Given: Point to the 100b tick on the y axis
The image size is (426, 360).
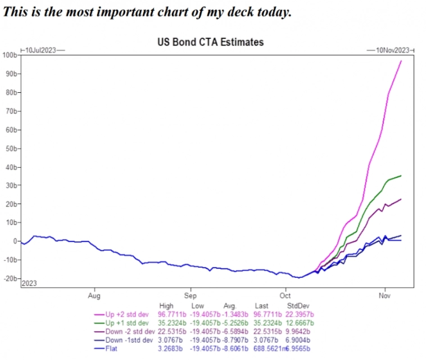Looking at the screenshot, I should (x=10, y=55).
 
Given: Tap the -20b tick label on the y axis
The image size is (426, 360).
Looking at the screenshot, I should (x=10, y=278).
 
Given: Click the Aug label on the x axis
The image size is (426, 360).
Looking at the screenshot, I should (x=94, y=295).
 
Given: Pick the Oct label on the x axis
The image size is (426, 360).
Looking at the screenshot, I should (x=285, y=295).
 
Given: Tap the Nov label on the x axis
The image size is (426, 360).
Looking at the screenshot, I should (x=385, y=295).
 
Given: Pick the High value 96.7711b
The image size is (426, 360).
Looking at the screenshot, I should (x=170, y=313).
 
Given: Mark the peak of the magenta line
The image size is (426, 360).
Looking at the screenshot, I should (x=401, y=61).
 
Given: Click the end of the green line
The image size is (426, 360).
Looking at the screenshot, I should (x=401, y=176).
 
